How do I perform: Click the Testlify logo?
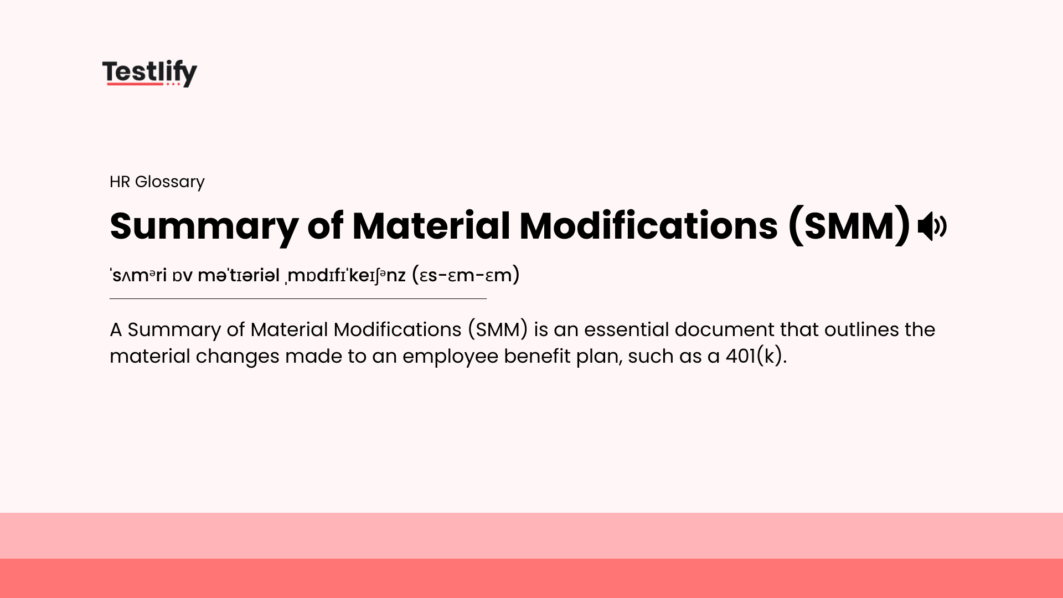149,73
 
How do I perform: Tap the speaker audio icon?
932,226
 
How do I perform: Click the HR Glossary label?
157,182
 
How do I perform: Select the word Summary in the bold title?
204,226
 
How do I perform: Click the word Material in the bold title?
431,226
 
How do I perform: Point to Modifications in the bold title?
648,226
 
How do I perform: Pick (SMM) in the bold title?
849,226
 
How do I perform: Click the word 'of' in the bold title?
325,226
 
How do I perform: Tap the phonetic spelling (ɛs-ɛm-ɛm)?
466,275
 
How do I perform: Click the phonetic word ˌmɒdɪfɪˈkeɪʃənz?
346,275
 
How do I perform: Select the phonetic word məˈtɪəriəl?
239,275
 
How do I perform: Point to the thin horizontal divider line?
298,298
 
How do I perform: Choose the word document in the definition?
724,329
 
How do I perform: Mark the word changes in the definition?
238,356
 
